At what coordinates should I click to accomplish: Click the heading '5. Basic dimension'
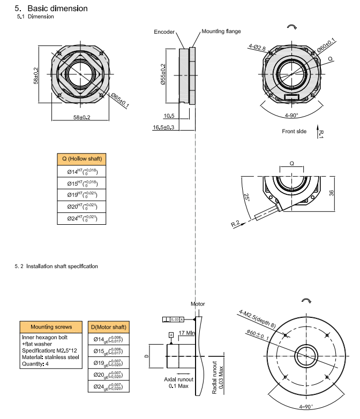coord(51,9)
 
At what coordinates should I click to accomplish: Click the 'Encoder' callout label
coord(164,32)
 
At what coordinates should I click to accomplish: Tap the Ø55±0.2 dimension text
coord(162,75)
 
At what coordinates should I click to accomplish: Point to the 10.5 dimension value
coord(169,116)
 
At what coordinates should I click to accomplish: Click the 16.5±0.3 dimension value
coord(164,127)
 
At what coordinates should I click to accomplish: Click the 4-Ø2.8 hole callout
coord(257,48)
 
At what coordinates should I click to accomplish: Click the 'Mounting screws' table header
coord(51,326)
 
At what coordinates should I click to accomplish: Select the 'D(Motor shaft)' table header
coord(108,326)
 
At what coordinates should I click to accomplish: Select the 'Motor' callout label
coord(198,304)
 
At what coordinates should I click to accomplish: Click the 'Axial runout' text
coord(178,379)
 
